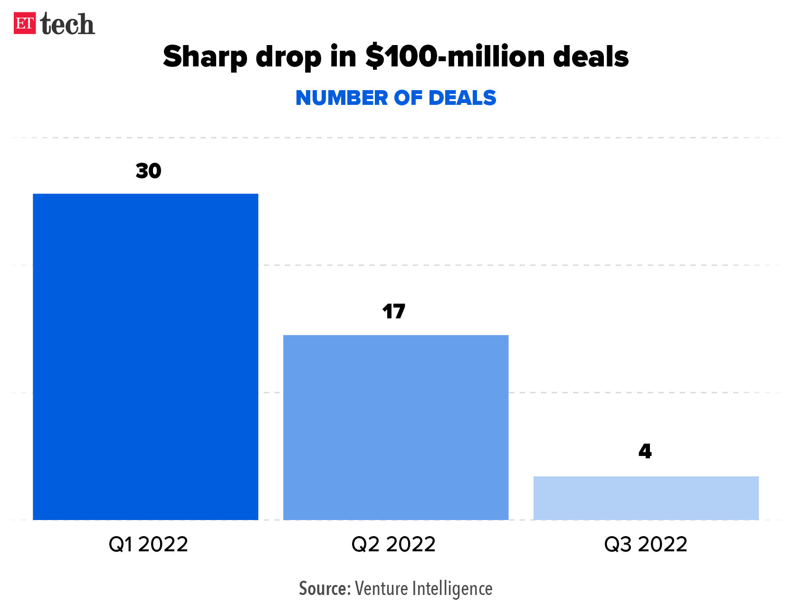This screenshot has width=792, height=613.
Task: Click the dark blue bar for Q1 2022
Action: [x=145, y=356]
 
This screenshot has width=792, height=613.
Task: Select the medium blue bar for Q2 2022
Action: [x=396, y=427]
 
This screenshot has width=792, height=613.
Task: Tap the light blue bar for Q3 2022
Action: [x=646, y=498]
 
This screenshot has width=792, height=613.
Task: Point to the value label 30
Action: [x=148, y=171]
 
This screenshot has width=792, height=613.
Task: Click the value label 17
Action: [x=394, y=312]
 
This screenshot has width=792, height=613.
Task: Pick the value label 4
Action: [x=645, y=451]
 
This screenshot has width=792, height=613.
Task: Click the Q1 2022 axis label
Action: [x=148, y=544]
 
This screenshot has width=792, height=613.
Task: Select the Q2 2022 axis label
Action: [x=393, y=544]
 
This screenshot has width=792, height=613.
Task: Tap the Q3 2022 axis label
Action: [x=646, y=544]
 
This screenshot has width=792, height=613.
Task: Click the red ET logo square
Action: [x=25, y=23]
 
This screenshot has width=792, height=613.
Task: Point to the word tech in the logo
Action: [x=67, y=24]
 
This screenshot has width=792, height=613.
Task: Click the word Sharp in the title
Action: [x=205, y=57]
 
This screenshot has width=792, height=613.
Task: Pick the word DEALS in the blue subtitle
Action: [x=462, y=98]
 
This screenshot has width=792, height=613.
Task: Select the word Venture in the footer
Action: [x=381, y=589]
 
